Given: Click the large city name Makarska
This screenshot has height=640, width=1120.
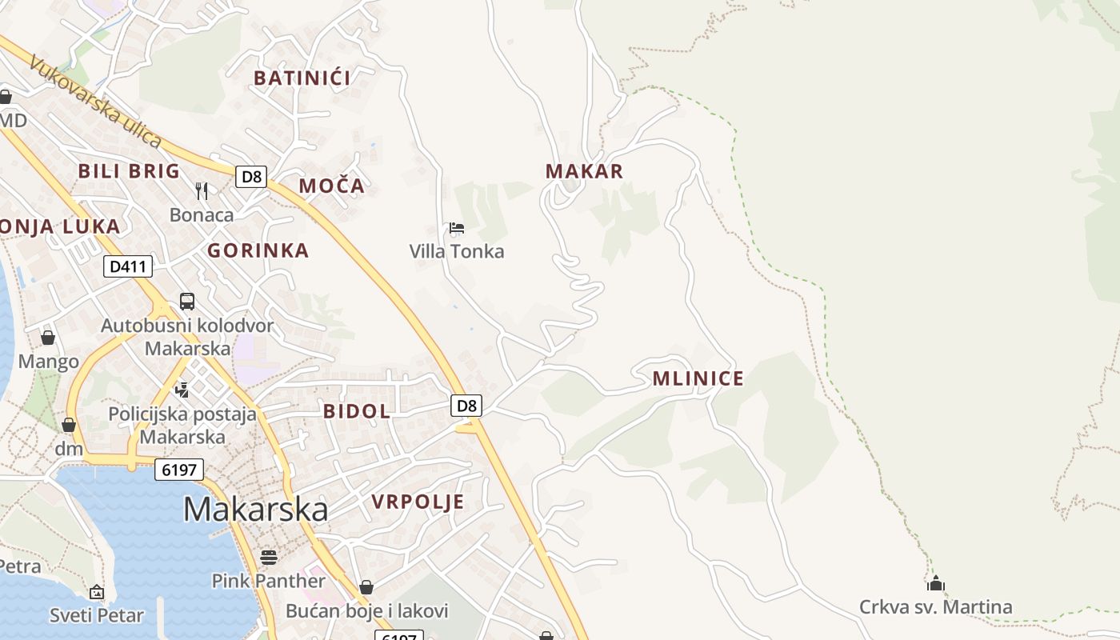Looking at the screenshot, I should pyautogui.click(x=255, y=510).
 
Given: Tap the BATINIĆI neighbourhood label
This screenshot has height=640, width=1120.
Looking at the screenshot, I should pyautogui.click(x=302, y=78).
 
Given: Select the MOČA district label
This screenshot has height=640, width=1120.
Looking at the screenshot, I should pyautogui.click(x=331, y=186).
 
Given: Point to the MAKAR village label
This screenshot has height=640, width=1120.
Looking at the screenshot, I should pyautogui.click(x=584, y=171).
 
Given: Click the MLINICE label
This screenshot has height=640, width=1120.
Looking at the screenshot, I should pyautogui.click(x=698, y=378).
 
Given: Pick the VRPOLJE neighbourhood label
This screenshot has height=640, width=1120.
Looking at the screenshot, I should pyautogui.click(x=418, y=502).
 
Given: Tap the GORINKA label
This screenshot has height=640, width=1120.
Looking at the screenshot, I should pyautogui.click(x=258, y=250).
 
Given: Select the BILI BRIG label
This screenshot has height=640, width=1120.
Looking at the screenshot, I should pyautogui.click(x=129, y=170).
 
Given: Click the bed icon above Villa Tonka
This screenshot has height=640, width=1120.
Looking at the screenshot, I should pyautogui.click(x=457, y=228).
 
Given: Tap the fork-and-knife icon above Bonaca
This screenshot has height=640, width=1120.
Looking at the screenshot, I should pyautogui.click(x=202, y=190).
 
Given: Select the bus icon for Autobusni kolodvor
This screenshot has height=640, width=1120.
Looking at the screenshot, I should pyautogui.click(x=187, y=302).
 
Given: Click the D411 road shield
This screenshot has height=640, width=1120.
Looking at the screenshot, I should pyautogui.click(x=128, y=266).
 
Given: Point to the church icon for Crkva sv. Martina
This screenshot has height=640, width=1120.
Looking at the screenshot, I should pyautogui.click(x=936, y=583).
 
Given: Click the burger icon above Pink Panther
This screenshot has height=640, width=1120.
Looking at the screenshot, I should pyautogui.click(x=269, y=557).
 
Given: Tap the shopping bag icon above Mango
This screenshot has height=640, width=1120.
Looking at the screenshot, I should pyautogui.click(x=48, y=338).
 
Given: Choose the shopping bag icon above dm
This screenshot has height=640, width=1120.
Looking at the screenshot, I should pyautogui.click(x=69, y=425).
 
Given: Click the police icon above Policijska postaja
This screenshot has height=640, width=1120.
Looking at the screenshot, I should pyautogui.click(x=182, y=390).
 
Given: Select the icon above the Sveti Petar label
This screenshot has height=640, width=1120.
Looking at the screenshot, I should pyautogui.click(x=97, y=592).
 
